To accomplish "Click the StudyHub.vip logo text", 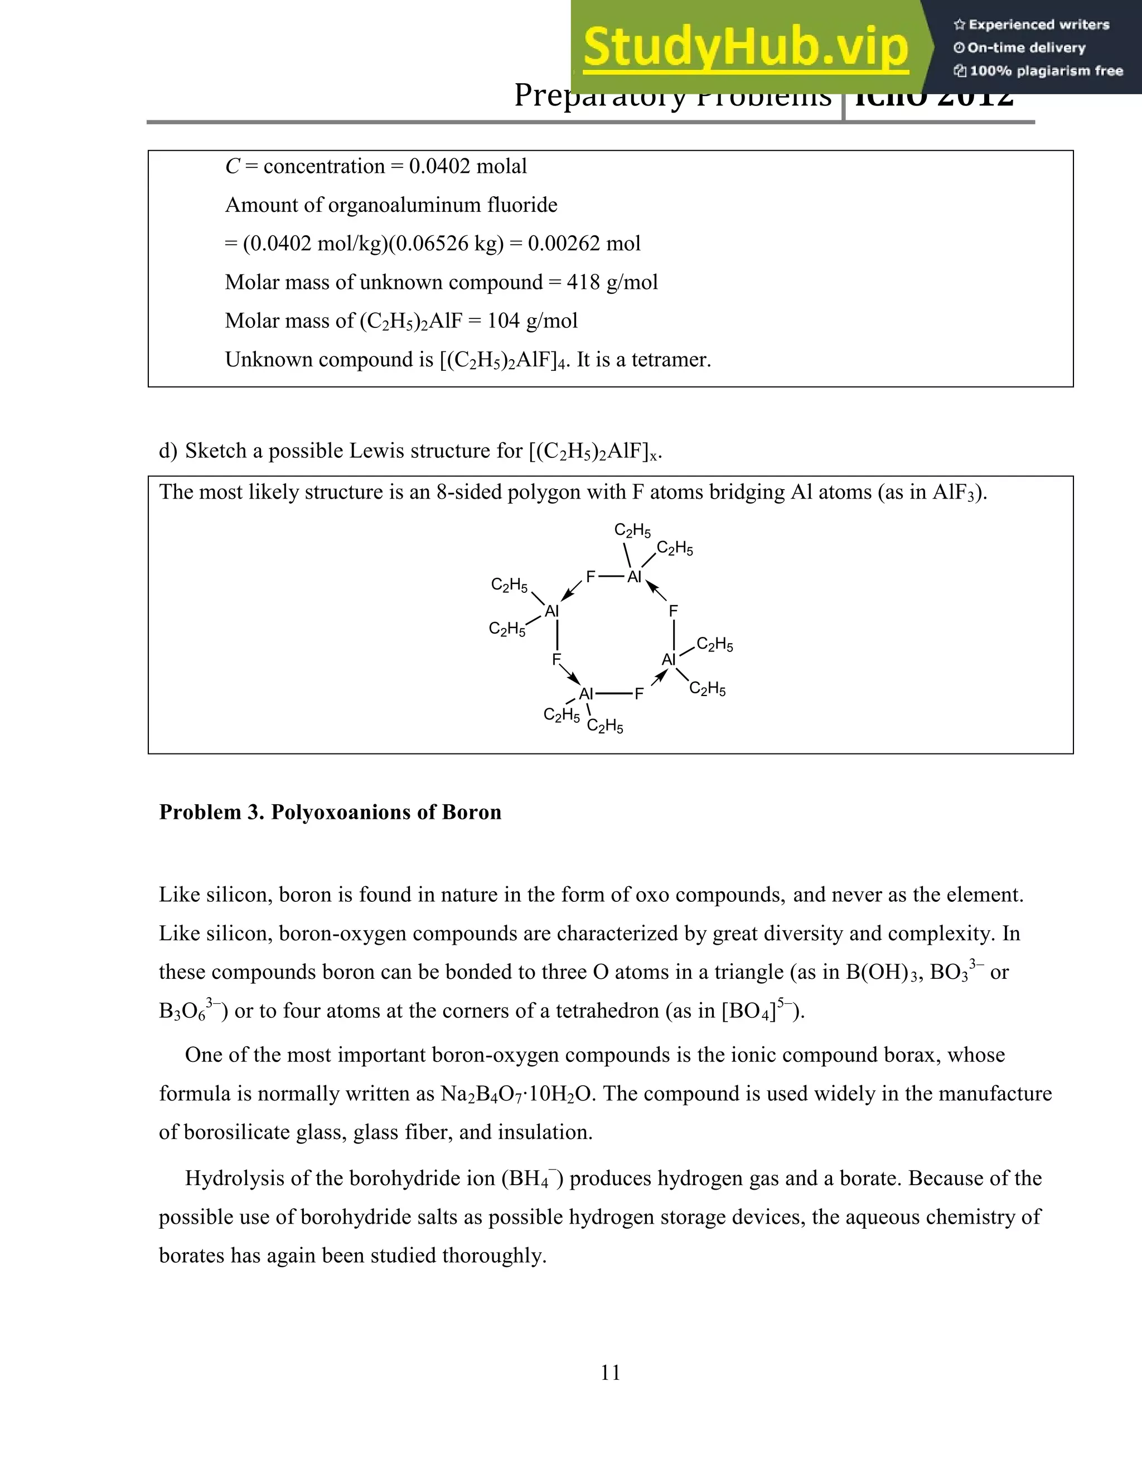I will click(x=744, y=47).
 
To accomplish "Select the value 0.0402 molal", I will click(x=467, y=166).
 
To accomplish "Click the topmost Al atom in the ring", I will click(x=634, y=577).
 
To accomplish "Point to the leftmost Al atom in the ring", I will click(x=552, y=611).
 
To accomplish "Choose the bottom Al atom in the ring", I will click(x=586, y=694).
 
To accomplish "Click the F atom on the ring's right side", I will click(x=673, y=611).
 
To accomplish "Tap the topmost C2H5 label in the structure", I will click(x=632, y=530).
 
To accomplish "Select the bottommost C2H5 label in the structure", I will click(x=605, y=727).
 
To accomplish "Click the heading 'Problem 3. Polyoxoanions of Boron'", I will click(x=330, y=812).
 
